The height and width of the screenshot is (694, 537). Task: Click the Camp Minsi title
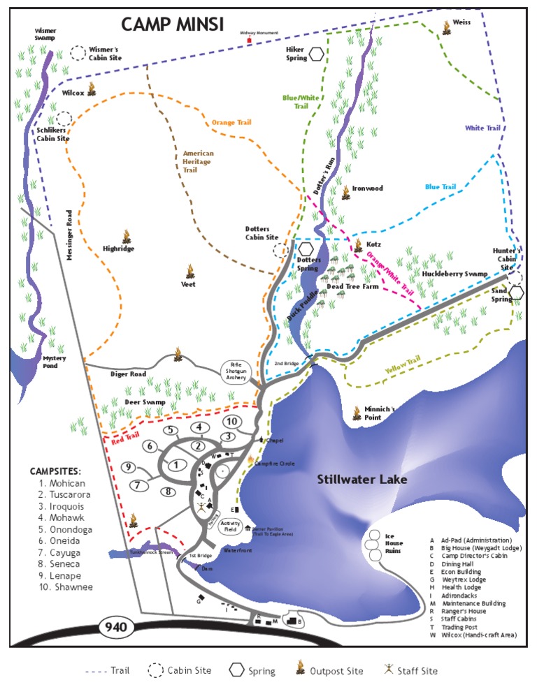pos(172,24)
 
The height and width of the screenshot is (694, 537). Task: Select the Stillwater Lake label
pos(361,480)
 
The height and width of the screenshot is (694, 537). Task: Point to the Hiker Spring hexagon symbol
pos(317,54)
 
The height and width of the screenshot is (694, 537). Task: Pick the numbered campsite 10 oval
pos(233,421)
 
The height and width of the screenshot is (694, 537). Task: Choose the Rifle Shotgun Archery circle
pos(236,371)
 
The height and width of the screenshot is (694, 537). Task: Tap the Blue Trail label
pos(441,186)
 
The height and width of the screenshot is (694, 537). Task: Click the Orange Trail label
pos(231,123)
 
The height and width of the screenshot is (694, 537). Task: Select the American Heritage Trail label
pos(198,161)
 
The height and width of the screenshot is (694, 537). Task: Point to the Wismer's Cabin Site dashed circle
pos(78,53)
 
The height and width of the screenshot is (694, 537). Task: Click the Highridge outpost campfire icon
pos(127,236)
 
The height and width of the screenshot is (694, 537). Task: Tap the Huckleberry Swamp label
pos(454,274)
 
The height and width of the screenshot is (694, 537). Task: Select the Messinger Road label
pos(70,236)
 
